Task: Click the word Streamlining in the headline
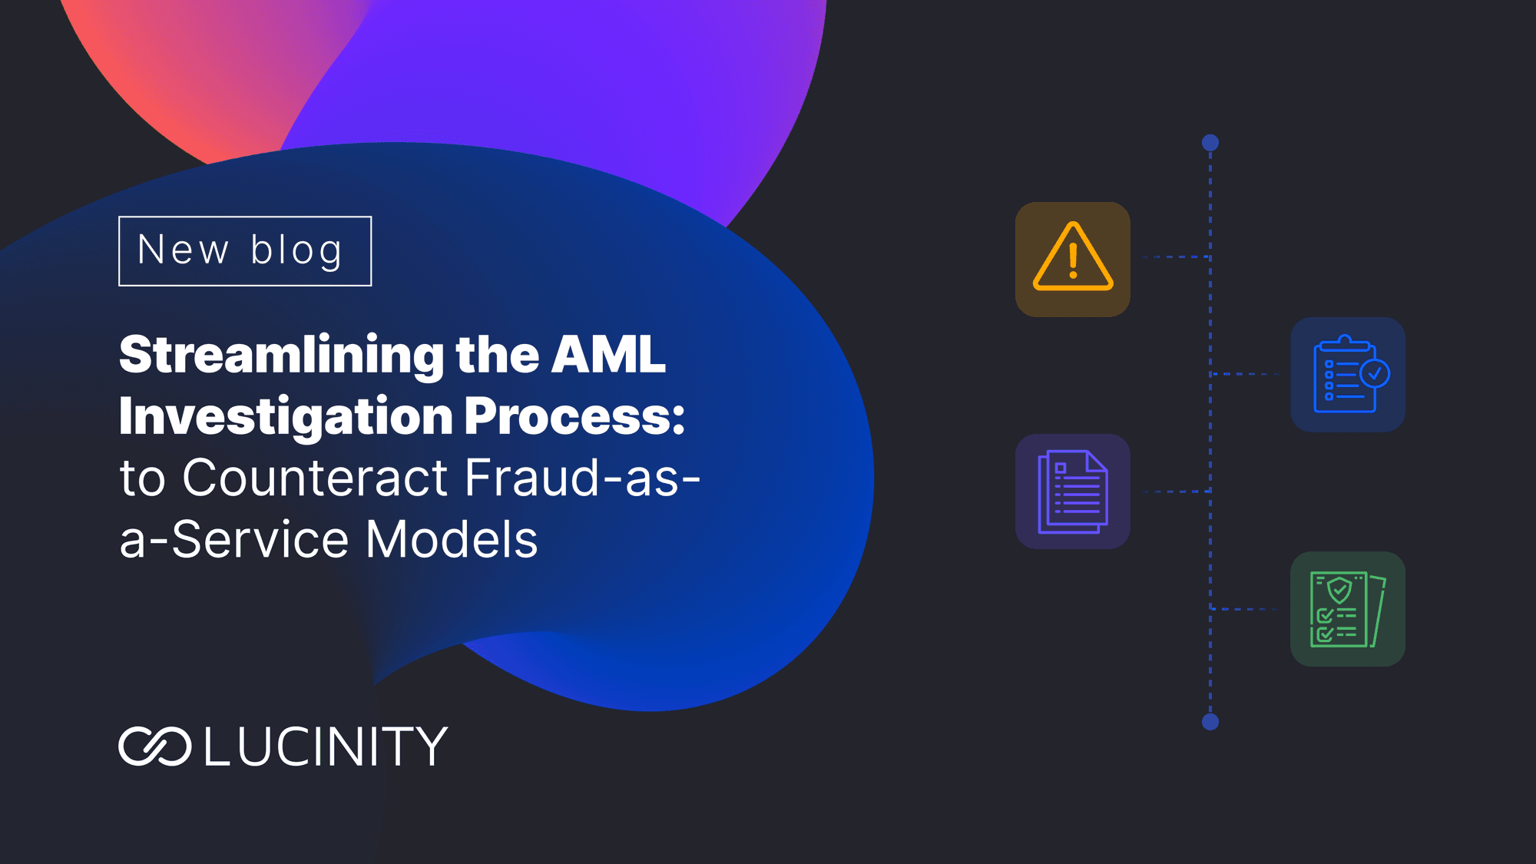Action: pyautogui.click(x=281, y=356)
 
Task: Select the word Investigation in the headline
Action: pyautogui.click(x=286, y=418)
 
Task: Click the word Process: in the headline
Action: pyautogui.click(x=574, y=416)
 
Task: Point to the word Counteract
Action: pyautogui.click(x=315, y=478)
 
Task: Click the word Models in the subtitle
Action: pyautogui.click(x=452, y=539)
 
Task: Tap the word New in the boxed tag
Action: pyautogui.click(x=183, y=250)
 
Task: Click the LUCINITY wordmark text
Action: pyautogui.click(x=326, y=746)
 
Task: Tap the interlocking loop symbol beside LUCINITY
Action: pyautogui.click(x=154, y=746)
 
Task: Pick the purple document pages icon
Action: pyautogui.click(x=1073, y=492)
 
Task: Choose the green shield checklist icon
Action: pyautogui.click(x=1348, y=609)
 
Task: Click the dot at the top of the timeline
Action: pyautogui.click(x=1210, y=143)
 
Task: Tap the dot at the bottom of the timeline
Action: pyautogui.click(x=1210, y=722)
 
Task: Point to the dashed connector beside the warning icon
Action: pyautogui.click(x=1177, y=257)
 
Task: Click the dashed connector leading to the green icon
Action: pyautogui.click(x=1244, y=609)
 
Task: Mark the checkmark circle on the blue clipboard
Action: pyautogui.click(x=1375, y=374)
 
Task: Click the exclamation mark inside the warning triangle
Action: pyautogui.click(x=1073, y=261)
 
